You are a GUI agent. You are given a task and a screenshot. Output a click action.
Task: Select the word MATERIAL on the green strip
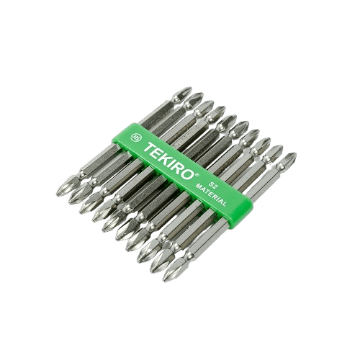tap(211, 195)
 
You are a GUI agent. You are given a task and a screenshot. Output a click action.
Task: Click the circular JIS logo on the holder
tap(135, 137)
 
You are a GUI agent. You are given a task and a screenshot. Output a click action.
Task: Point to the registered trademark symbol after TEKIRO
tap(197, 175)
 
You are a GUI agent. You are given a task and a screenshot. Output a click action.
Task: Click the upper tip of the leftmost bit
tap(191, 88)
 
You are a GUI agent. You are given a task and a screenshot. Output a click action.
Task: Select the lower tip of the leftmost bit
tap(57, 194)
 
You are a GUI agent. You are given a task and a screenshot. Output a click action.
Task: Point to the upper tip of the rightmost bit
tap(295, 153)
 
